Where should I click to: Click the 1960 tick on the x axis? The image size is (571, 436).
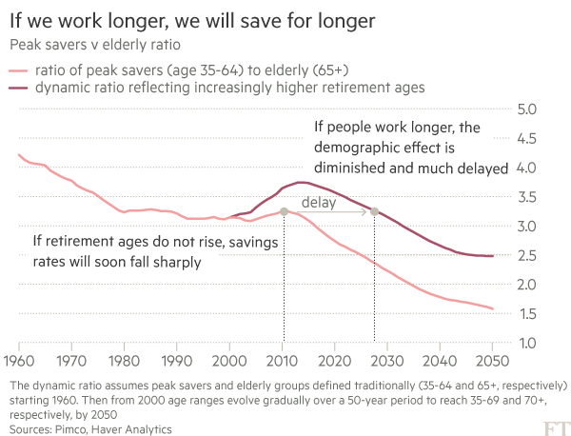click(x=18, y=363)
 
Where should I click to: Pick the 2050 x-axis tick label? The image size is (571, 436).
click(x=492, y=363)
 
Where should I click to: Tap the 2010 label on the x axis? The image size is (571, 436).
click(x=282, y=363)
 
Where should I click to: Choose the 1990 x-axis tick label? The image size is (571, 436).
click(x=176, y=363)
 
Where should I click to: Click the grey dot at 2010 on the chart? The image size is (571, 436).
click(x=283, y=211)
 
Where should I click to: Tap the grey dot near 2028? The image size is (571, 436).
click(x=374, y=211)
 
